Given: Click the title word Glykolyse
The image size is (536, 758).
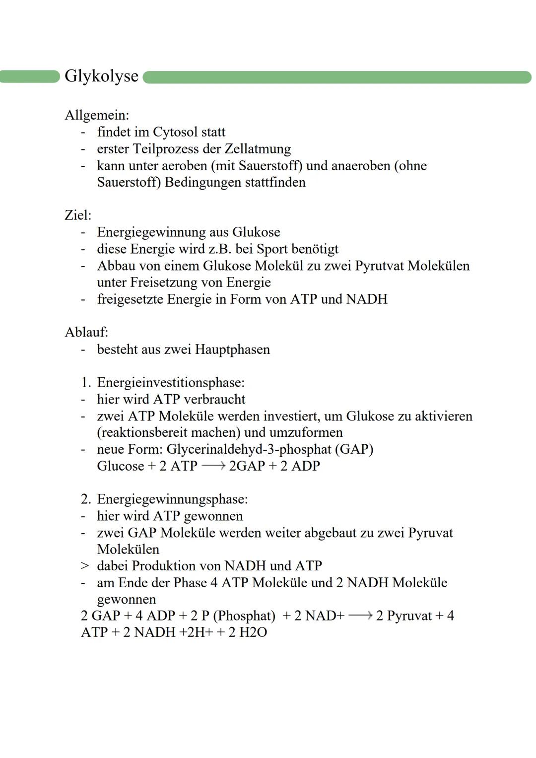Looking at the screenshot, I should tap(101, 76).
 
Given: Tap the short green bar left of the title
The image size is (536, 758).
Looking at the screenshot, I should tap(29, 76).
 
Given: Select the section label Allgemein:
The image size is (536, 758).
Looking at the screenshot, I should tap(97, 115).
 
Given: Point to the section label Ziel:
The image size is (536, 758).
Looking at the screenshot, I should tap(78, 215).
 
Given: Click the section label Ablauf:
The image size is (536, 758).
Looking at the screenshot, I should tap(86, 332).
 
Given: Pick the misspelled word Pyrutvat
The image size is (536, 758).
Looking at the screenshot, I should tap(380, 266).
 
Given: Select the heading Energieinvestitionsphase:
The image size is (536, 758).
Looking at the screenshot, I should tap(171, 382).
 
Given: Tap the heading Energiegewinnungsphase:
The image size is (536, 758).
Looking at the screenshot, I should tap(172, 499).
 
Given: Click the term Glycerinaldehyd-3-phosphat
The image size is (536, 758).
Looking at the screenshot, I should tap(249, 449).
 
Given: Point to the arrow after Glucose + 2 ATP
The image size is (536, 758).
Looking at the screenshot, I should tap(213, 466).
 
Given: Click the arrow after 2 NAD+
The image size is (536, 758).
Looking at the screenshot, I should tap(360, 616).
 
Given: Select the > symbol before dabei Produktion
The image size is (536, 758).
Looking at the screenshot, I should tap(85, 566).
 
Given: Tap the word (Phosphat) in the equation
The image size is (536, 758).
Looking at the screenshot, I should tap(244, 616).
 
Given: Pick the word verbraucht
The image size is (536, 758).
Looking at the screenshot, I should tap(214, 399).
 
